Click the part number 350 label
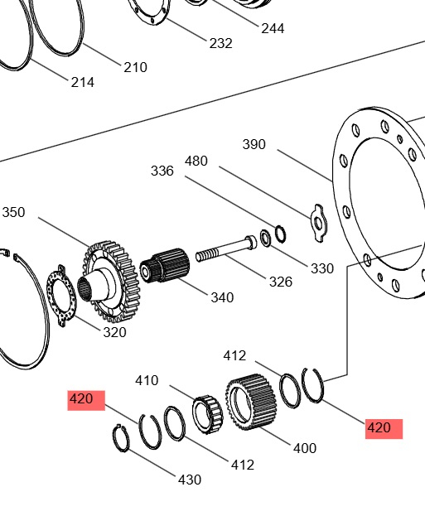pyautogui.click(x=13, y=212)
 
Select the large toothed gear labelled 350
pyautogui.click(x=109, y=282)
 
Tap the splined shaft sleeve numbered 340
pyautogui.click(x=165, y=265)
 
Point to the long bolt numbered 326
pyautogui.click(x=226, y=248)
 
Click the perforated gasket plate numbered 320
pyautogui.click(x=61, y=296)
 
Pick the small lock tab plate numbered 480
pyautogui.click(x=317, y=223)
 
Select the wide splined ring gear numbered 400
pyautogui.click(x=251, y=403)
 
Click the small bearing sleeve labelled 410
pyautogui.click(x=207, y=414)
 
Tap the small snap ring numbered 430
pyautogui.click(x=121, y=439)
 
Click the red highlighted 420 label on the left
pyautogui.click(x=86, y=400)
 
